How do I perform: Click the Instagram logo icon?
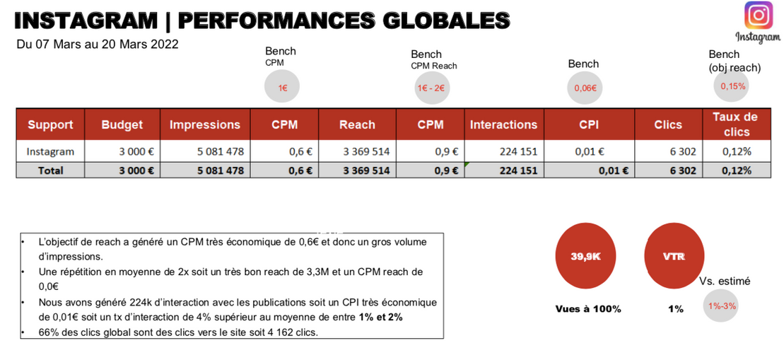(x=759, y=16)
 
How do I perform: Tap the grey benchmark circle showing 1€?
(x=282, y=87)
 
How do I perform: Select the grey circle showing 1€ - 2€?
(x=431, y=88)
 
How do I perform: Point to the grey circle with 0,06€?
(x=585, y=88)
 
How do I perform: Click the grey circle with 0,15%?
(x=732, y=86)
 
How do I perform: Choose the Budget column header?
(x=122, y=124)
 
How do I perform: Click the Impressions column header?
(x=205, y=124)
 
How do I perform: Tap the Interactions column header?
(x=503, y=124)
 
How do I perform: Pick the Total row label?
(x=50, y=170)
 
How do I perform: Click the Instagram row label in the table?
(x=50, y=151)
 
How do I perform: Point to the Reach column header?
(x=357, y=124)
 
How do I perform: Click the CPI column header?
(x=589, y=124)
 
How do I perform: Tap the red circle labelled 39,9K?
(x=585, y=257)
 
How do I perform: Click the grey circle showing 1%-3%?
(x=722, y=306)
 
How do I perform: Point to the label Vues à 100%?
(x=588, y=309)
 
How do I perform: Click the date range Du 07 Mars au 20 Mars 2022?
(x=98, y=44)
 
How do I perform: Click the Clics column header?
(x=668, y=124)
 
